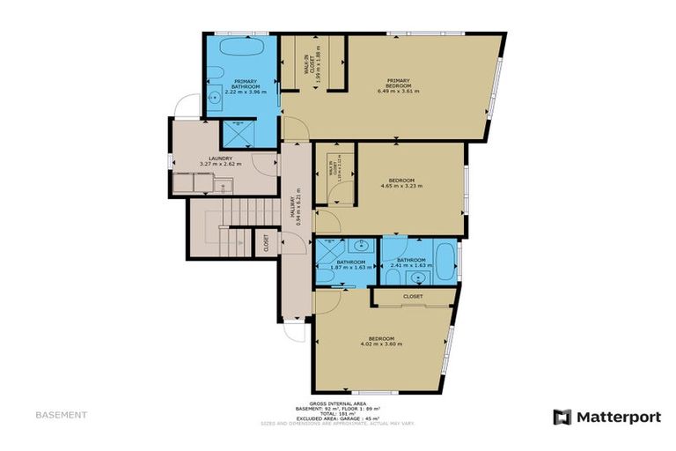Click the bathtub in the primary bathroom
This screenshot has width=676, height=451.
(x=242, y=48)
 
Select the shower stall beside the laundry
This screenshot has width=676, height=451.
(x=238, y=132)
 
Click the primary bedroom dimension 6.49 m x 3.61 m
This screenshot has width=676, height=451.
(x=399, y=91)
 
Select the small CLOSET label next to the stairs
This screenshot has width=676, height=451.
(x=266, y=243)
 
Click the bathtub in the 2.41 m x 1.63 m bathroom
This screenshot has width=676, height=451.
(x=443, y=259)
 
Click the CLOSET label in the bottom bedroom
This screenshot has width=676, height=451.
(x=413, y=297)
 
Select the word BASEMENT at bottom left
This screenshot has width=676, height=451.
(x=61, y=414)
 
